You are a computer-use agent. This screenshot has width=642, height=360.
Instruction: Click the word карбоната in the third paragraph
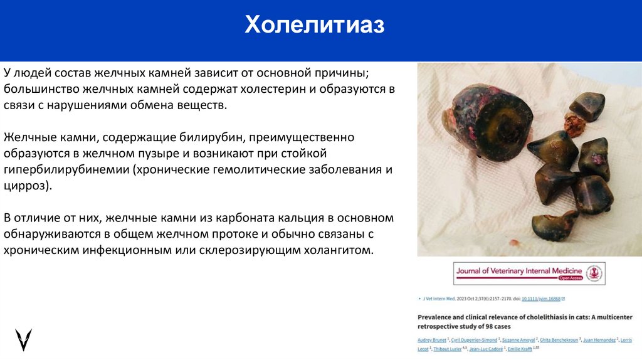click(234, 218)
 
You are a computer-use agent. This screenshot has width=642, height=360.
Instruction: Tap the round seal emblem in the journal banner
click(593, 273)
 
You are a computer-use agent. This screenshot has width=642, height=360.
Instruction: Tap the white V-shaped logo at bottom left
click(24, 339)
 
